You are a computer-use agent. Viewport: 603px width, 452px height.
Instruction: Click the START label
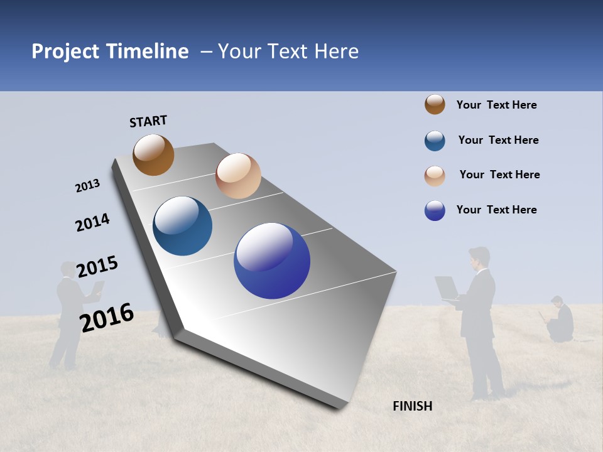click(148, 121)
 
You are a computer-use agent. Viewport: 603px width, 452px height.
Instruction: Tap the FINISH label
click(412, 406)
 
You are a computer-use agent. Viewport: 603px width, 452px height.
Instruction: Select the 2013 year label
click(87, 186)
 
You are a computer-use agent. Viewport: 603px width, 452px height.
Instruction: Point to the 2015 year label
click(97, 266)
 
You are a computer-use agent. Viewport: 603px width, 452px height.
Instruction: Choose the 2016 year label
click(107, 317)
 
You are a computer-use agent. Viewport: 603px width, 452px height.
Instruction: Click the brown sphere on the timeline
click(153, 154)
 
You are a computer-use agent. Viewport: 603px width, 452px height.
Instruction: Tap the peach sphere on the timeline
click(238, 176)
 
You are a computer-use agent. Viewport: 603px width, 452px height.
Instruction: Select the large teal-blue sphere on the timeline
click(183, 226)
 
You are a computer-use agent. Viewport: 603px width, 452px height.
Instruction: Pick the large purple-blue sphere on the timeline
click(272, 261)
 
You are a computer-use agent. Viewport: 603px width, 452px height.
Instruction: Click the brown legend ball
click(435, 104)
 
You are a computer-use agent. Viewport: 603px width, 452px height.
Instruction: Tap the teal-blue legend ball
click(435, 141)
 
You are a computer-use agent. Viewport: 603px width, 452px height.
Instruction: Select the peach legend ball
click(435, 176)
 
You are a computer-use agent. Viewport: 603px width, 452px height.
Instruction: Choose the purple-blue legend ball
click(435, 210)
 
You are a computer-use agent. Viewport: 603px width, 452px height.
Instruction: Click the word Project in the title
click(66, 51)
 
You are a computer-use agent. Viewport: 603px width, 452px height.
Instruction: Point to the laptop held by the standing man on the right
click(447, 288)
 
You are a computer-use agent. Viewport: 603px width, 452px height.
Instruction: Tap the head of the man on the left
click(68, 269)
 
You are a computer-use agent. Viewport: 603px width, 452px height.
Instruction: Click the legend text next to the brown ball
click(496, 105)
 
